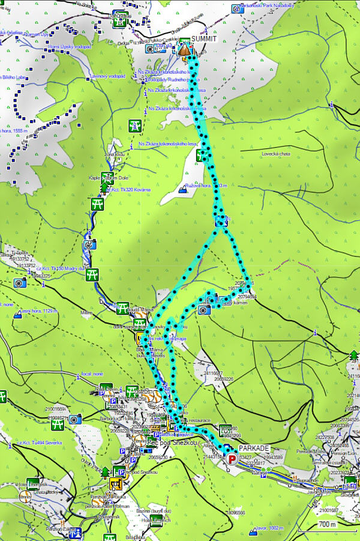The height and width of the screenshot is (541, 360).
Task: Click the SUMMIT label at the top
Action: pos(205,39)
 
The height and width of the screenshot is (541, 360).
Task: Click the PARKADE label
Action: pos(254,449)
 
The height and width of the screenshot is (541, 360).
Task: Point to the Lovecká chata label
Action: pos(276,154)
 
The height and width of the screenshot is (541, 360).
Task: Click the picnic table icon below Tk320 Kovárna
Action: pos(96,205)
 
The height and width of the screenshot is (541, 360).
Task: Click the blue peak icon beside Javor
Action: pos(251,530)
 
